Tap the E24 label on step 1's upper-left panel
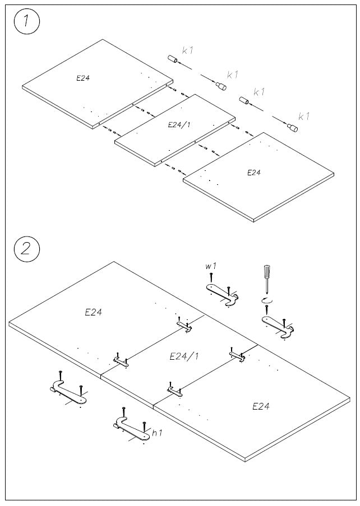pos(83,78)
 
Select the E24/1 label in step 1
pos(179,125)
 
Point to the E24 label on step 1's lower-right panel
pos(254,173)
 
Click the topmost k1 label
pos(188,50)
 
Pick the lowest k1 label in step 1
pos(304,117)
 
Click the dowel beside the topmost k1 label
pos(172,59)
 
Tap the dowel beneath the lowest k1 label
pos(293,128)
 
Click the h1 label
pos(158,433)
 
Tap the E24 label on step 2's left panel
pos(93,312)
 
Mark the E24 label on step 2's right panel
pos(261,406)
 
